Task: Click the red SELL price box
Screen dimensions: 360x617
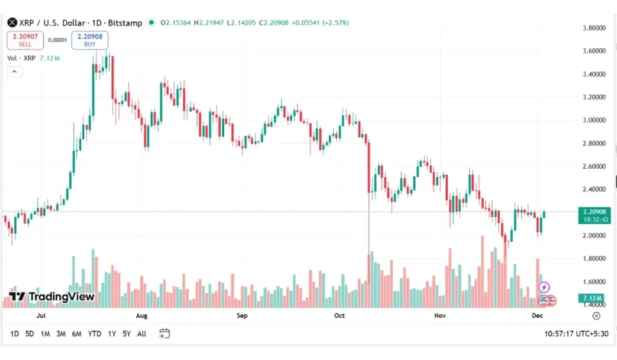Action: click(25, 40)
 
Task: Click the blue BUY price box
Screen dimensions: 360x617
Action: click(90, 40)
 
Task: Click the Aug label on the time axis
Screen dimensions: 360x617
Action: click(142, 315)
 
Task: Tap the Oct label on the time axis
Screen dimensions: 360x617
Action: click(339, 315)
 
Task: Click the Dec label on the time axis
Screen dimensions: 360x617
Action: click(538, 315)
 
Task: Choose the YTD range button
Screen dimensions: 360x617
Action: click(95, 333)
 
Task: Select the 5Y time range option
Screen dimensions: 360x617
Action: click(127, 333)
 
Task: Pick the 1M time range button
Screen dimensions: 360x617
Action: click(45, 333)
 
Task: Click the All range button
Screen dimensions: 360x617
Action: click(142, 333)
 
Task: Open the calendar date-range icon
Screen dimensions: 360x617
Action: click(164, 333)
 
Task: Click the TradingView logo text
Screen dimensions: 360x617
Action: click(52, 297)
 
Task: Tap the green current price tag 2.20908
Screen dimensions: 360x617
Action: click(594, 212)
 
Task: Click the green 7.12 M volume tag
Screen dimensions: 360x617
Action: click(594, 298)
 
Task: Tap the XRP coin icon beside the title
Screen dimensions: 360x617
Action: click(11, 23)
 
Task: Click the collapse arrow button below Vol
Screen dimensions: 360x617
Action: click(14, 71)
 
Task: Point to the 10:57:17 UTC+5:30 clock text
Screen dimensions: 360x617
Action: click(575, 333)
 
